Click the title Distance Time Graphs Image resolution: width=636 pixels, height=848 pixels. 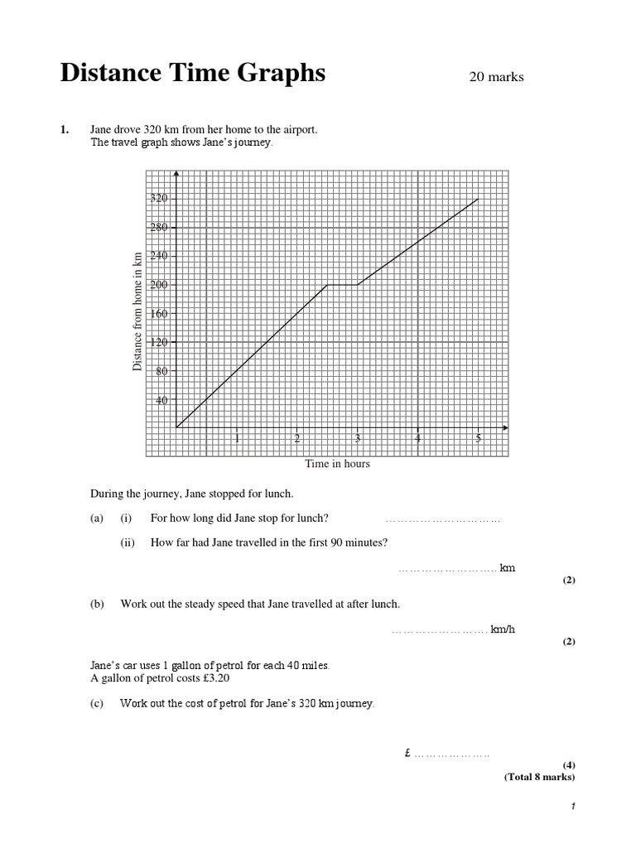[x=193, y=74]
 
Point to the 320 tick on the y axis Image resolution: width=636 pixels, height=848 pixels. [x=159, y=198]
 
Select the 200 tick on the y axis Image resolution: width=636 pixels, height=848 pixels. [x=159, y=285]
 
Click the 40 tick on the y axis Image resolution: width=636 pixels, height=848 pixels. [x=161, y=400]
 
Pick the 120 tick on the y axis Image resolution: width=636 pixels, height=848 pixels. [x=159, y=343]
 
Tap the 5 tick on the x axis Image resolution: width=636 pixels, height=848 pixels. [x=478, y=439]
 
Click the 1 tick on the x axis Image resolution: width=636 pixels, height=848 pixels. [x=237, y=439]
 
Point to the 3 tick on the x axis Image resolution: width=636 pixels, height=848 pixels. [x=358, y=439]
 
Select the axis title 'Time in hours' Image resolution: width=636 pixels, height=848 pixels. [x=337, y=464]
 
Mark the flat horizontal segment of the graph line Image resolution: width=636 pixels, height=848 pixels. [x=342, y=285]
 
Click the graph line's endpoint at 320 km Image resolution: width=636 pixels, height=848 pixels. [x=478, y=199]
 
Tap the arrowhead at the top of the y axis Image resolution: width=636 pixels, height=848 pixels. [x=176, y=175]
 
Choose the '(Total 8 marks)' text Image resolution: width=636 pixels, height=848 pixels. [x=539, y=777]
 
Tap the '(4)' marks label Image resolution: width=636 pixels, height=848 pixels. [x=568, y=764]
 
